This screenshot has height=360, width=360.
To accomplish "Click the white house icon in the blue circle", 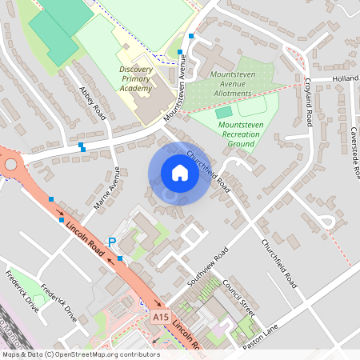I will click(x=180, y=173).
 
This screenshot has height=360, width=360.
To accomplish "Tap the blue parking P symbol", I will click(x=112, y=242).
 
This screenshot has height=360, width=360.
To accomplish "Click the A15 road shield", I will click(x=161, y=318).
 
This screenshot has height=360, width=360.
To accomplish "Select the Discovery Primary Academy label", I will click(x=135, y=78).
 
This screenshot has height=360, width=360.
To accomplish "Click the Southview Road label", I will click(x=208, y=267).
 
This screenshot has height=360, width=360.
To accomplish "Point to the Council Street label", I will click(x=238, y=297).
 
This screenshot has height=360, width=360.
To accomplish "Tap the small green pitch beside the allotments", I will click(x=222, y=112).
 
